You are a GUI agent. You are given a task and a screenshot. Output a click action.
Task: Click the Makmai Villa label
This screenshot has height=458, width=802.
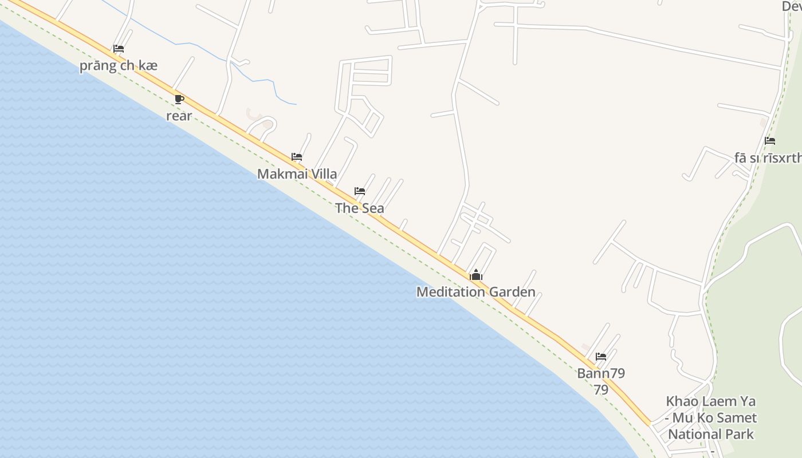click(297, 174)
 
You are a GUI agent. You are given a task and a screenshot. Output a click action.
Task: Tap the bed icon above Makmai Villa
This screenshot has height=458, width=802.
click(297, 156)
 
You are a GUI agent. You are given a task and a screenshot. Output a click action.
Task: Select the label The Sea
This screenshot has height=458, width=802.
click(360, 208)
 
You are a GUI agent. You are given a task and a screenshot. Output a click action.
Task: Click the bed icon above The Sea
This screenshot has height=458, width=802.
click(360, 191)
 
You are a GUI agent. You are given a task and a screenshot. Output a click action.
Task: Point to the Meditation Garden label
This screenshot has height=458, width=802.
click(475, 292)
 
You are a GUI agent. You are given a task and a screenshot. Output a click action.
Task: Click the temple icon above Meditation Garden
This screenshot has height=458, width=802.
click(476, 275)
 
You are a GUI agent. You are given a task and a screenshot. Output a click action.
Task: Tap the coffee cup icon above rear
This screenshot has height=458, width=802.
click(179, 99)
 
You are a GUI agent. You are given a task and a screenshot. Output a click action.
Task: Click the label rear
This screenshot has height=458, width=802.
click(179, 116)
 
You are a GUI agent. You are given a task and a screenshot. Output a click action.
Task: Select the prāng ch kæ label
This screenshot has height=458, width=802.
click(119, 66)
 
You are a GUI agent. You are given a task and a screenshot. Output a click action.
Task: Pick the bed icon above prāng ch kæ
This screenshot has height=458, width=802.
click(119, 49)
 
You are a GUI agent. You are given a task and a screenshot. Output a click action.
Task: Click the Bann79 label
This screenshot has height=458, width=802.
click(600, 373)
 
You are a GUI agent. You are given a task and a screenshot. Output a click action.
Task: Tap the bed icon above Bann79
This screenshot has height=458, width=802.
click(600, 356)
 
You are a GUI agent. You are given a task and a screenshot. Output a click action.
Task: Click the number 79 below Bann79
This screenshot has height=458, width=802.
click(600, 390)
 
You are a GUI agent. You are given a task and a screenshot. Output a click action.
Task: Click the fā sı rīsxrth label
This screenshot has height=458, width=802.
click(768, 158)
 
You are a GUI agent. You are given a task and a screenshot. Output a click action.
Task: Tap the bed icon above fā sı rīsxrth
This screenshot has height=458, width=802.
click(770, 141)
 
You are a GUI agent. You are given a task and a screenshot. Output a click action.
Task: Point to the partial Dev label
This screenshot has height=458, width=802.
click(792, 6)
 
